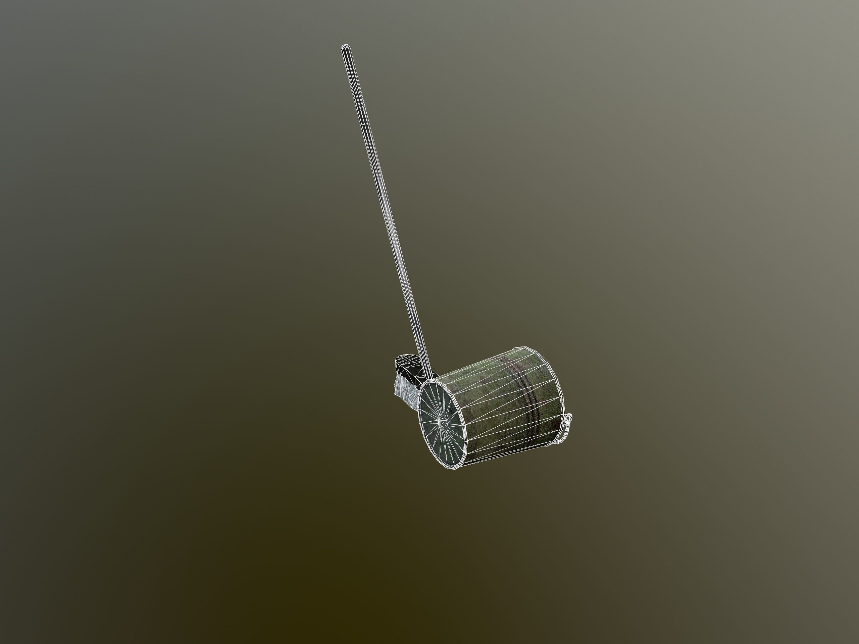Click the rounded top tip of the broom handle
click(x=344, y=47)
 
